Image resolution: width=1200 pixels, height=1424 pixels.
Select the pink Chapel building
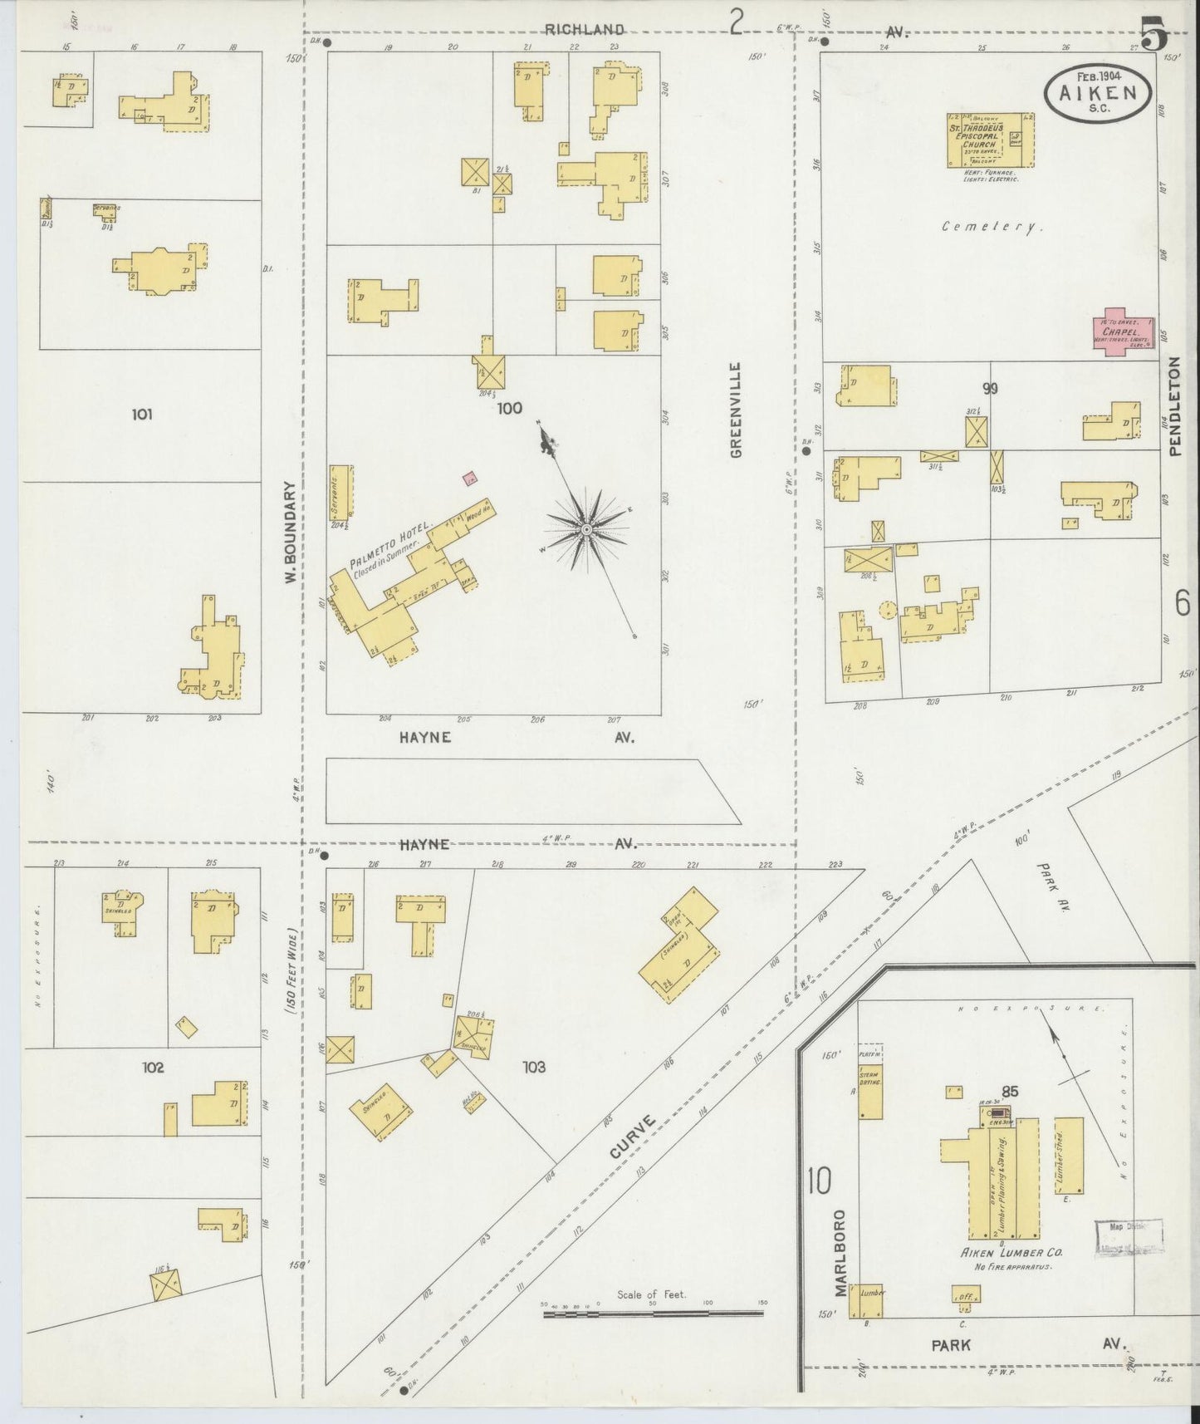point(1124,333)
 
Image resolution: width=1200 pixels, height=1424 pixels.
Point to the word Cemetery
point(992,226)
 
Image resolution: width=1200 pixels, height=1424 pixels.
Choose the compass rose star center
point(586,529)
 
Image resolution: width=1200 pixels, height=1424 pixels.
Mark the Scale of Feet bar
point(652,1313)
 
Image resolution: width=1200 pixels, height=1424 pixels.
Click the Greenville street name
point(736,410)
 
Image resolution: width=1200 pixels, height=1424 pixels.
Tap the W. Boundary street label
point(291,532)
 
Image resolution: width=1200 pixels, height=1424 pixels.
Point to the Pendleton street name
point(1174,406)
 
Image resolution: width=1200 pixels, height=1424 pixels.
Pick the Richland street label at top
point(584,30)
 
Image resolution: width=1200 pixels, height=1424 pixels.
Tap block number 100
point(510,408)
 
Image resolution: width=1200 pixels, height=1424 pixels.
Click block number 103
point(534,1067)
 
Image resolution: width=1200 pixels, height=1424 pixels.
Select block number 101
point(142,413)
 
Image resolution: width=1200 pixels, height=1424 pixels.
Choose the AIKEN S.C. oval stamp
point(1099,94)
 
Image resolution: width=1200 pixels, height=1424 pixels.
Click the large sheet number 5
point(1154,35)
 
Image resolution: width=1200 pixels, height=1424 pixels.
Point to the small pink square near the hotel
point(470,478)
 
